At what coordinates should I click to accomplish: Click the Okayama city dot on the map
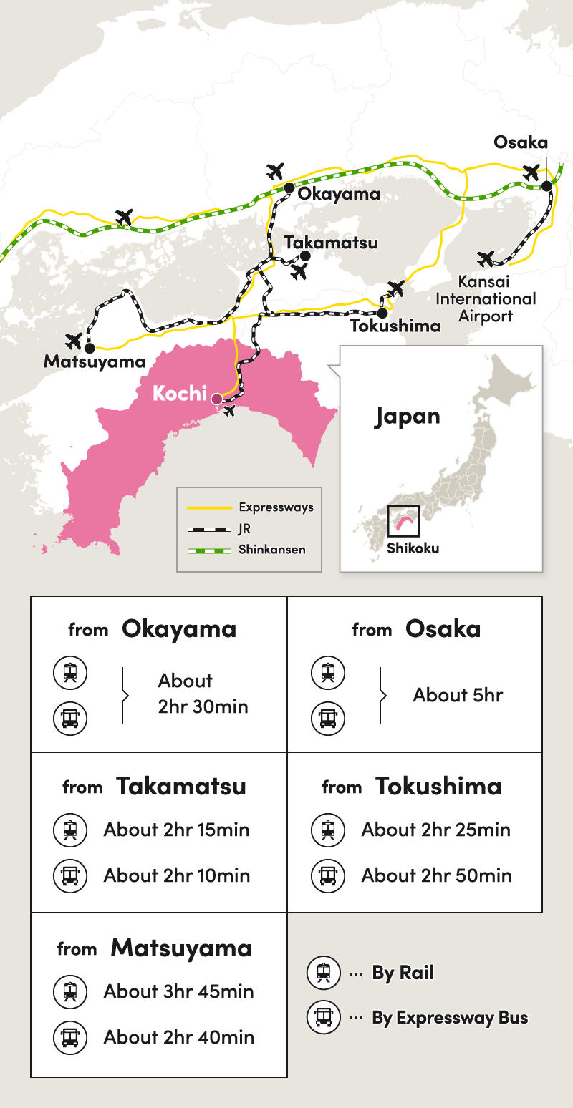tap(288, 188)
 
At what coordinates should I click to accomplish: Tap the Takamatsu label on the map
tap(330, 243)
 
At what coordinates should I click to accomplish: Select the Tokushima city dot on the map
tap(382, 313)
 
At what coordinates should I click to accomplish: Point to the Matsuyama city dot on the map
tap(90, 349)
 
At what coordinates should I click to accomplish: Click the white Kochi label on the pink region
tap(179, 394)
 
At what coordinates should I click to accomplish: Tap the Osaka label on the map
tap(521, 142)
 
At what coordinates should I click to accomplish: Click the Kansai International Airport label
tap(486, 298)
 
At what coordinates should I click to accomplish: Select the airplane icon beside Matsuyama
tap(74, 341)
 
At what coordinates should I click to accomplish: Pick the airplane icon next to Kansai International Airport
tap(486, 258)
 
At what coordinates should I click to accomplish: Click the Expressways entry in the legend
tap(276, 507)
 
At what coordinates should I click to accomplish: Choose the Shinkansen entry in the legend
tap(272, 550)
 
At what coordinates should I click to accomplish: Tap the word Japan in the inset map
tap(407, 417)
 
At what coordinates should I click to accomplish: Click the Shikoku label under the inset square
tap(413, 548)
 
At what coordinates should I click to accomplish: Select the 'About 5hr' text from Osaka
tap(458, 695)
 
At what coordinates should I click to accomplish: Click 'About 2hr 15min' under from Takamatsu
tap(176, 830)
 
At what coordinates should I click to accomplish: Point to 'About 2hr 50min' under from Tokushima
tap(436, 875)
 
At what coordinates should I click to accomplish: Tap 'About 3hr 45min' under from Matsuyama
tap(178, 991)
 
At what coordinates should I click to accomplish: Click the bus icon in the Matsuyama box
tap(70, 1037)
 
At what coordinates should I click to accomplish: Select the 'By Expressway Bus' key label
tap(450, 1018)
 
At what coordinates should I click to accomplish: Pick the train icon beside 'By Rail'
tap(324, 973)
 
